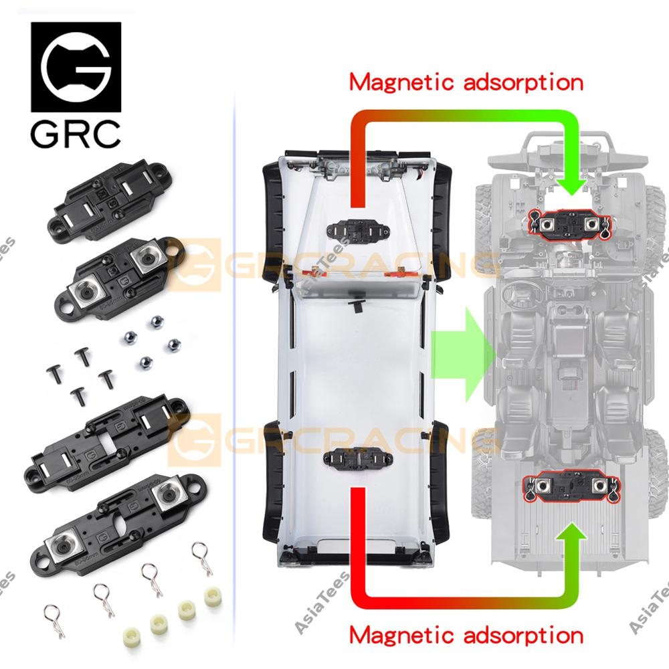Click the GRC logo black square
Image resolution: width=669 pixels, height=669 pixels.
click(x=76, y=67)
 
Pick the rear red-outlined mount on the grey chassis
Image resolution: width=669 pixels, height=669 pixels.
click(x=569, y=487)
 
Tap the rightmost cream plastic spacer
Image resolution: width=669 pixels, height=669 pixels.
click(x=213, y=595)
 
